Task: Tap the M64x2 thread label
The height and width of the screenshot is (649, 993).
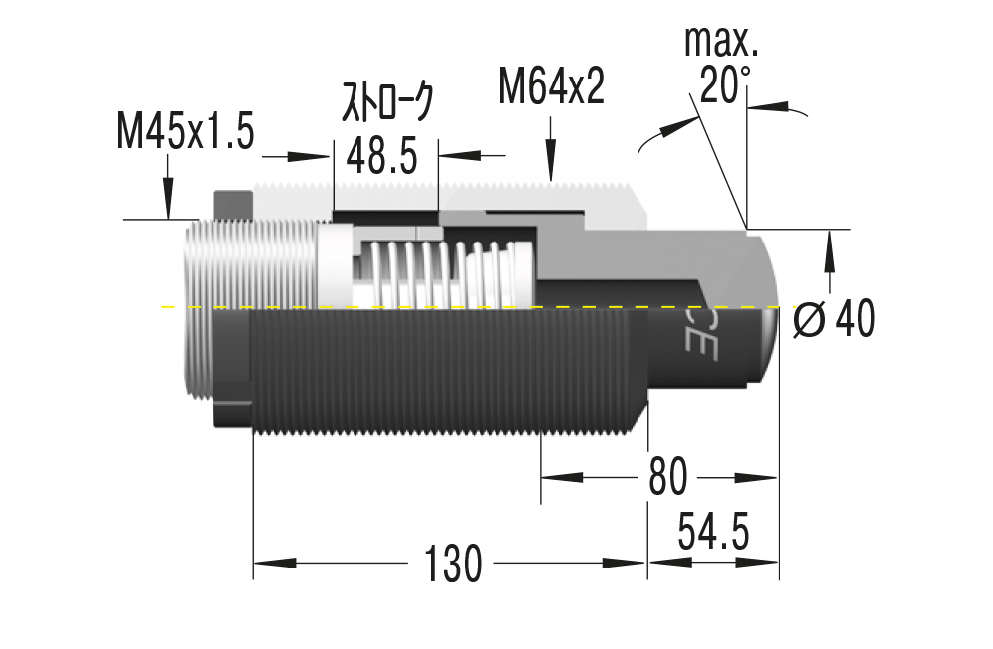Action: tap(551, 88)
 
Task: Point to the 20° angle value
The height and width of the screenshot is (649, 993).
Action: tap(724, 86)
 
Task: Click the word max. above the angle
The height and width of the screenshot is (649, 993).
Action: tap(721, 42)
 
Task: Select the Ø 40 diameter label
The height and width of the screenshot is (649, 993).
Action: tap(834, 320)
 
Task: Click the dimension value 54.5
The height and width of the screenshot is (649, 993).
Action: tap(712, 532)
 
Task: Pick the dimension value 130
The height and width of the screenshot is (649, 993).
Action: tap(453, 564)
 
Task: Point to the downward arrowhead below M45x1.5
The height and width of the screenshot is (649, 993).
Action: tap(167, 205)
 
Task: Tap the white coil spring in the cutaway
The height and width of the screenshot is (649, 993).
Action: tap(437, 273)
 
